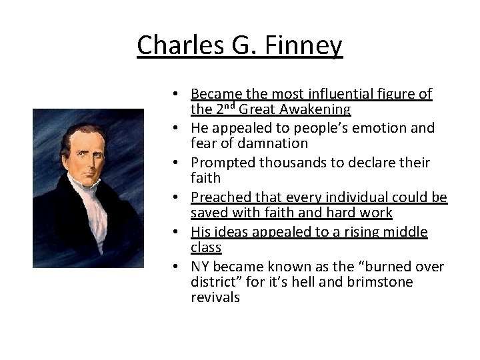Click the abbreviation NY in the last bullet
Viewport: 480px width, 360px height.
[201, 267]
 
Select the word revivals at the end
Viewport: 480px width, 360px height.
[215, 298]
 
